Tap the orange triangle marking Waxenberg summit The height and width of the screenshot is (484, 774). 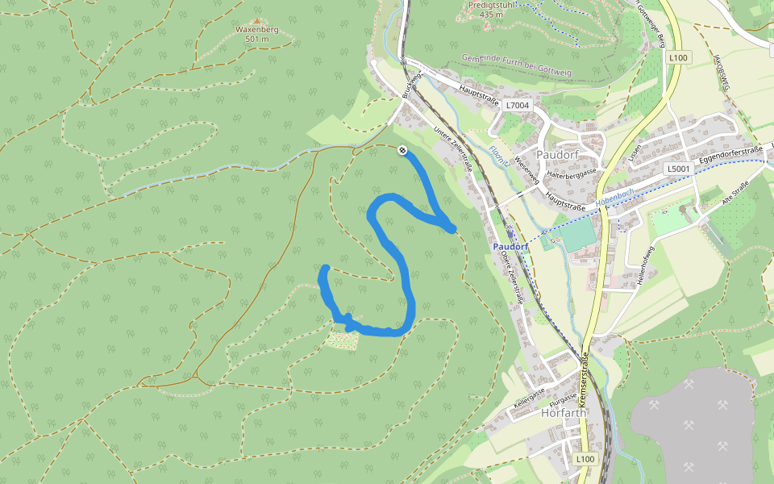click(257, 20)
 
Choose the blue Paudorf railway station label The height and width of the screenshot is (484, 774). click(510, 246)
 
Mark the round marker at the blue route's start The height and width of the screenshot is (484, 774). click(402, 149)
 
